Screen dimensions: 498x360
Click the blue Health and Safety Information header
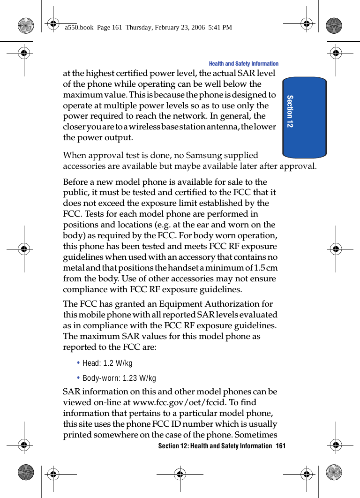(x=243, y=64)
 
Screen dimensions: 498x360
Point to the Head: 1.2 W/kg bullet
(x=107, y=363)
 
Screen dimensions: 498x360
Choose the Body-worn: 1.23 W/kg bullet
(x=119, y=378)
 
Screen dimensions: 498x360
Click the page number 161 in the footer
(x=280, y=445)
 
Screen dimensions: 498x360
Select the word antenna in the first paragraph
(x=228, y=127)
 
